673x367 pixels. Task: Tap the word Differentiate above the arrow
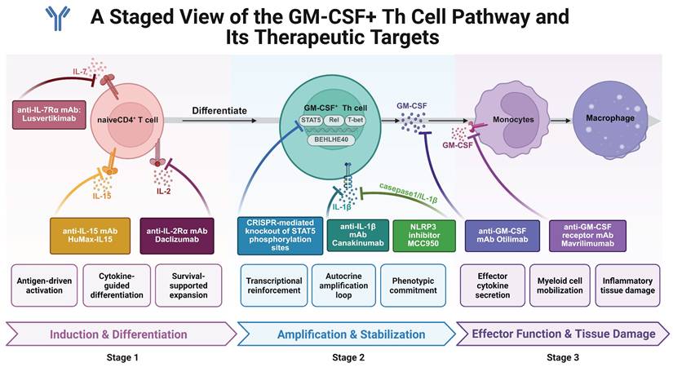(218, 110)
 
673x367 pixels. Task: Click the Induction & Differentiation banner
(118, 334)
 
